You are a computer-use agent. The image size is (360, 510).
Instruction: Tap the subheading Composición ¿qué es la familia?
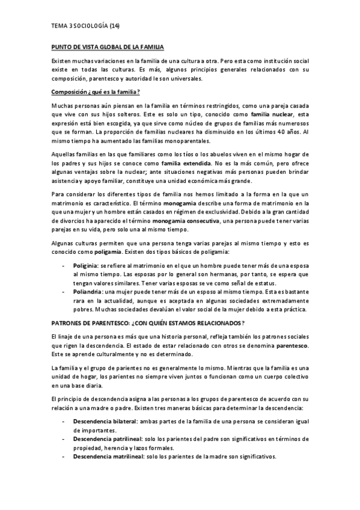(x=96, y=91)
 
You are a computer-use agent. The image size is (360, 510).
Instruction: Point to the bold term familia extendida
(x=186, y=163)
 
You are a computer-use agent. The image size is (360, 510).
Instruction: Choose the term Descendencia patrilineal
(x=108, y=440)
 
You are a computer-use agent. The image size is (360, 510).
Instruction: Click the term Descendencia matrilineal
(x=110, y=456)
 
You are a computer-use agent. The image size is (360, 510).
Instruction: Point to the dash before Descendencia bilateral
(x=64, y=423)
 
